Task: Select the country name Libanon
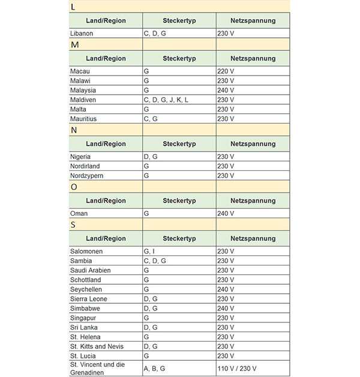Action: pyautogui.click(x=82, y=34)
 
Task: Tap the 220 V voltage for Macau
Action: pyautogui.click(x=226, y=71)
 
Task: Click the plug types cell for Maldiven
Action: pyautogui.click(x=166, y=100)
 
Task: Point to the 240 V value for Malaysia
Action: pyautogui.click(x=226, y=91)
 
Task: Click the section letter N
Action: pyautogui.click(x=74, y=129)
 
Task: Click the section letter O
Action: pyautogui.click(x=74, y=187)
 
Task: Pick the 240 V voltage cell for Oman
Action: pyautogui.click(x=226, y=214)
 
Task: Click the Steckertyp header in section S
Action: pyautogui.click(x=179, y=239)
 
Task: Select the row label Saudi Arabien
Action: pyautogui.click(x=91, y=270)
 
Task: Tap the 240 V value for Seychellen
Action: pyautogui.click(x=226, y=289)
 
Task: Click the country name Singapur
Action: pyautogui.click(x=83, y=318)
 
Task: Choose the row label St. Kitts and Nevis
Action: pyautogui.click(x=97, y=346)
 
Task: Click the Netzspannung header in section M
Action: pyautogui.click(x=253, y=59)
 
